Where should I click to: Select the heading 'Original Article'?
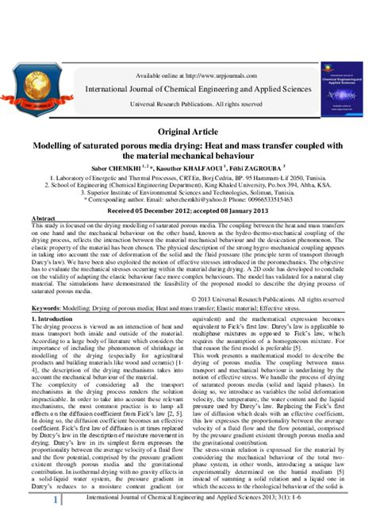coord(188,130)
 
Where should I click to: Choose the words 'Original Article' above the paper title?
coord(188,130)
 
